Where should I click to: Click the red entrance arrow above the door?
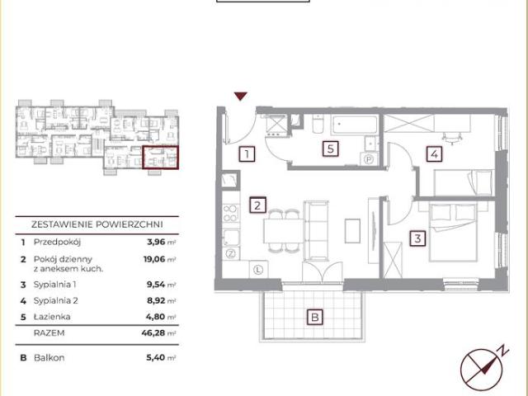click(x=241, y=96)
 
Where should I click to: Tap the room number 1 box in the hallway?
click(x=247, y=154)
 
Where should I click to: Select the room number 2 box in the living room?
click(x=257, y=205)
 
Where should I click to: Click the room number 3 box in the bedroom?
click(x=417, y=238)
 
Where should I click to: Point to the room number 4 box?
click(x=435, y=154)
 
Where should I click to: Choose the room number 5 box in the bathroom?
click(x=330, y=148)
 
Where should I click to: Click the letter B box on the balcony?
click(x=315, y=317)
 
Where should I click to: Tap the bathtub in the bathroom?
click(x=354, y=125)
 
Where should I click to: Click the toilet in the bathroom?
click(x=318, y=124)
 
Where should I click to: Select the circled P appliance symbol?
click(x=369, y=159)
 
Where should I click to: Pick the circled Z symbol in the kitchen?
click(x=231, y=253)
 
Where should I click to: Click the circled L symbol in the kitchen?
click(x=258, y=270)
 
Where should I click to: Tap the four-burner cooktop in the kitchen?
click(x=231, y=213)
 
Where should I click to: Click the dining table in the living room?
click(x=284, y=230)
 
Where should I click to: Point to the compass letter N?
click(x=504, y=351)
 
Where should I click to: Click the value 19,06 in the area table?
click(x=154, y=259)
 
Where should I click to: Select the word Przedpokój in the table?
click(x=57, y=242)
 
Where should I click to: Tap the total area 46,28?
click(x=153, y=333)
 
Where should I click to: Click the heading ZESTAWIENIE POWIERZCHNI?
click(x=97, y=224)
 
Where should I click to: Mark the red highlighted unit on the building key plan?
click(x=160, y=158)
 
